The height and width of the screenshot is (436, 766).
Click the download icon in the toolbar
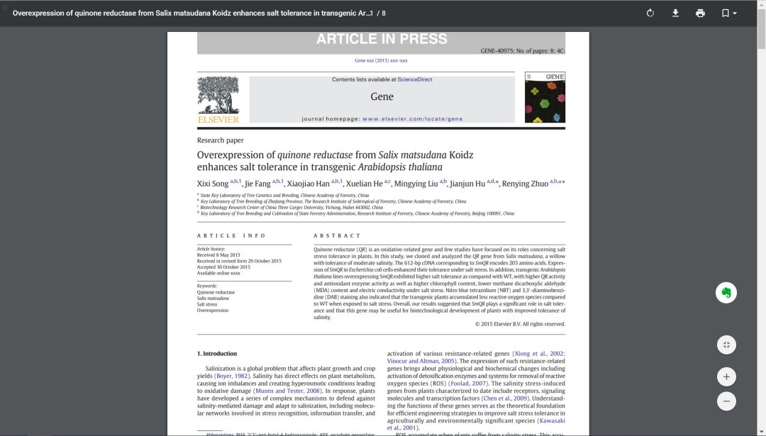click(675, 13)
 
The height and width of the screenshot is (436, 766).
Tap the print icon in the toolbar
click(700, 13)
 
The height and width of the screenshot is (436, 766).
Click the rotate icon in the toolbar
click(650, 13)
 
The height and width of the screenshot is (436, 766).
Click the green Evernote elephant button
click(726, 293)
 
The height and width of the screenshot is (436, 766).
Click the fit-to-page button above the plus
click(726, 345)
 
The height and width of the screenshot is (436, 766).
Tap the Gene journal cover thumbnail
click(545, 97)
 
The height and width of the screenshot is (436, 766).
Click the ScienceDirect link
click(415, 79)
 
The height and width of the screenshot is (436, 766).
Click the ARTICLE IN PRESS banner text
click(382, 39)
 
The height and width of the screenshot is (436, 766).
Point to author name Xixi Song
click(213, 184)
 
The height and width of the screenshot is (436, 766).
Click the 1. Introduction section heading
click(217, 354)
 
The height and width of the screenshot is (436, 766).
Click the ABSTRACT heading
click(337, 235)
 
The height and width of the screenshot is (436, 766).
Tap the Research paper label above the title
click(220, 140)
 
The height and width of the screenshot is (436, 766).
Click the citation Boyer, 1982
click(233, 376)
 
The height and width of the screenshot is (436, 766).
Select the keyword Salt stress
click(209, 304)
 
